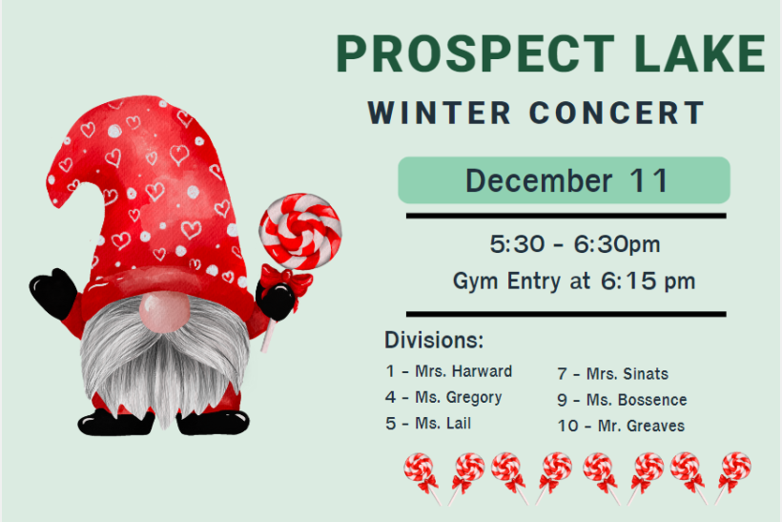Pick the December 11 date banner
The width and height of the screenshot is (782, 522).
[x=564, y=180]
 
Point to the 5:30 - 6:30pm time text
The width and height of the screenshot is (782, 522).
[x=575, y=245]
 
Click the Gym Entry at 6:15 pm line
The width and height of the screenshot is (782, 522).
[x=574, y=282]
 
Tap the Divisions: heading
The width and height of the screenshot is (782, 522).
[x=434, y=341]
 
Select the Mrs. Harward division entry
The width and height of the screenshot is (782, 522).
[x=449, y=371]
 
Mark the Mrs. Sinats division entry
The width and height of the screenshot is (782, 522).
[x=612, y=374]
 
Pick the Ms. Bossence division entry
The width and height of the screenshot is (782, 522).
[x=622, y=400]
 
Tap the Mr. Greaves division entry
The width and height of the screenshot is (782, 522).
[x=621, y=426]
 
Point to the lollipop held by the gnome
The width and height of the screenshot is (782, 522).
[x=299, y=232]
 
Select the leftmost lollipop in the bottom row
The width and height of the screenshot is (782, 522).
[x=421, y=470]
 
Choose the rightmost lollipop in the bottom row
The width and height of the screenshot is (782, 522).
[x=732, y=470]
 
